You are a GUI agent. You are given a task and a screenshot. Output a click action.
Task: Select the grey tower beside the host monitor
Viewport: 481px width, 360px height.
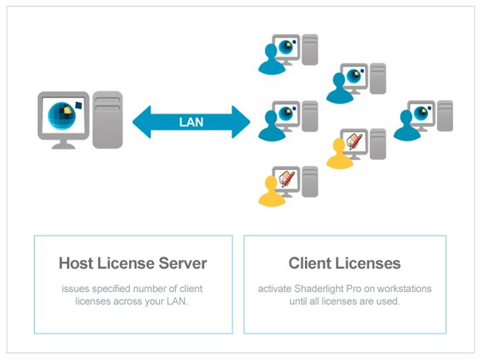[107, 120]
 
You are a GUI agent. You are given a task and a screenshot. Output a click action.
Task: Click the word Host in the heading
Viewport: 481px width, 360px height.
[76, 263]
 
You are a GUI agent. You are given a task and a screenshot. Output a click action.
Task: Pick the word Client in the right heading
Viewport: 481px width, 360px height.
[310, 263]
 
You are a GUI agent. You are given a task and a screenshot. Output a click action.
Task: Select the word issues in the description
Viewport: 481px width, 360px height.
[76, 288]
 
